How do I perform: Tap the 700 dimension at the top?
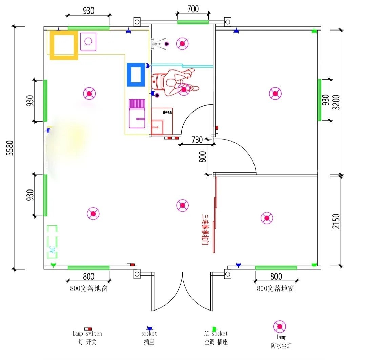pyautogui.click(x=193, y=9)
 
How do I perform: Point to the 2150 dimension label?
pyautogui.click(x=336, y=221)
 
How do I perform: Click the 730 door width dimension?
pyautogui.click(x=197, y=140)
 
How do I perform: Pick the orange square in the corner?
pyautogui.click(x=64, y=45)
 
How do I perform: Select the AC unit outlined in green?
pyautogui.click(x=52, y=242)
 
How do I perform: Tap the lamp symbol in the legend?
pyautogui.click(x=280, y=327)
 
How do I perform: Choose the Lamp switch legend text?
pyautogui.click(x=87, y=334)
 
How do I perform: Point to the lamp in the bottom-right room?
pyautogui.click(x=267, y=218)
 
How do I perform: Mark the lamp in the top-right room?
pyautogui.click(x=275, y=93)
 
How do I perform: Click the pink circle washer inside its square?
pyautogui.click(x=88, y=41)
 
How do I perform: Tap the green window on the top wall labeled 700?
pyautogui.click(x=193, y=22)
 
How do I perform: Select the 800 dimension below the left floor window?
pyautogui.click(x=88, y=276)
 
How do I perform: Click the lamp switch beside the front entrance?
pyautogui.click(x=131, y=265)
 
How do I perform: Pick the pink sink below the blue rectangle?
pyautogui.click(x=137, y=114)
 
